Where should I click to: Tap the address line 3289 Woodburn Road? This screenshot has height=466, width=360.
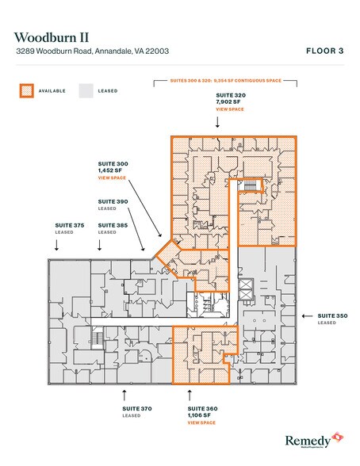click(92, 52)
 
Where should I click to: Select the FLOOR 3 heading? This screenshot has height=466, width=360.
click(325, 51)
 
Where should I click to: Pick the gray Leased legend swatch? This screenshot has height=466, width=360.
click(86, 90)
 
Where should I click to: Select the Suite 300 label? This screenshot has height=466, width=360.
click(112, 164)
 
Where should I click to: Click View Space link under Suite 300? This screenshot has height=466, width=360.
click(112, 178)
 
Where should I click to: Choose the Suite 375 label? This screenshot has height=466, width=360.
click(69, 226)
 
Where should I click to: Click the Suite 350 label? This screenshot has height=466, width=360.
click(331, 315)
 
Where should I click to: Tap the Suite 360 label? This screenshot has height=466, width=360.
click(201, 408)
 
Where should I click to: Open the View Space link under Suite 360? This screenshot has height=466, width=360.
click(201, 422)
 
